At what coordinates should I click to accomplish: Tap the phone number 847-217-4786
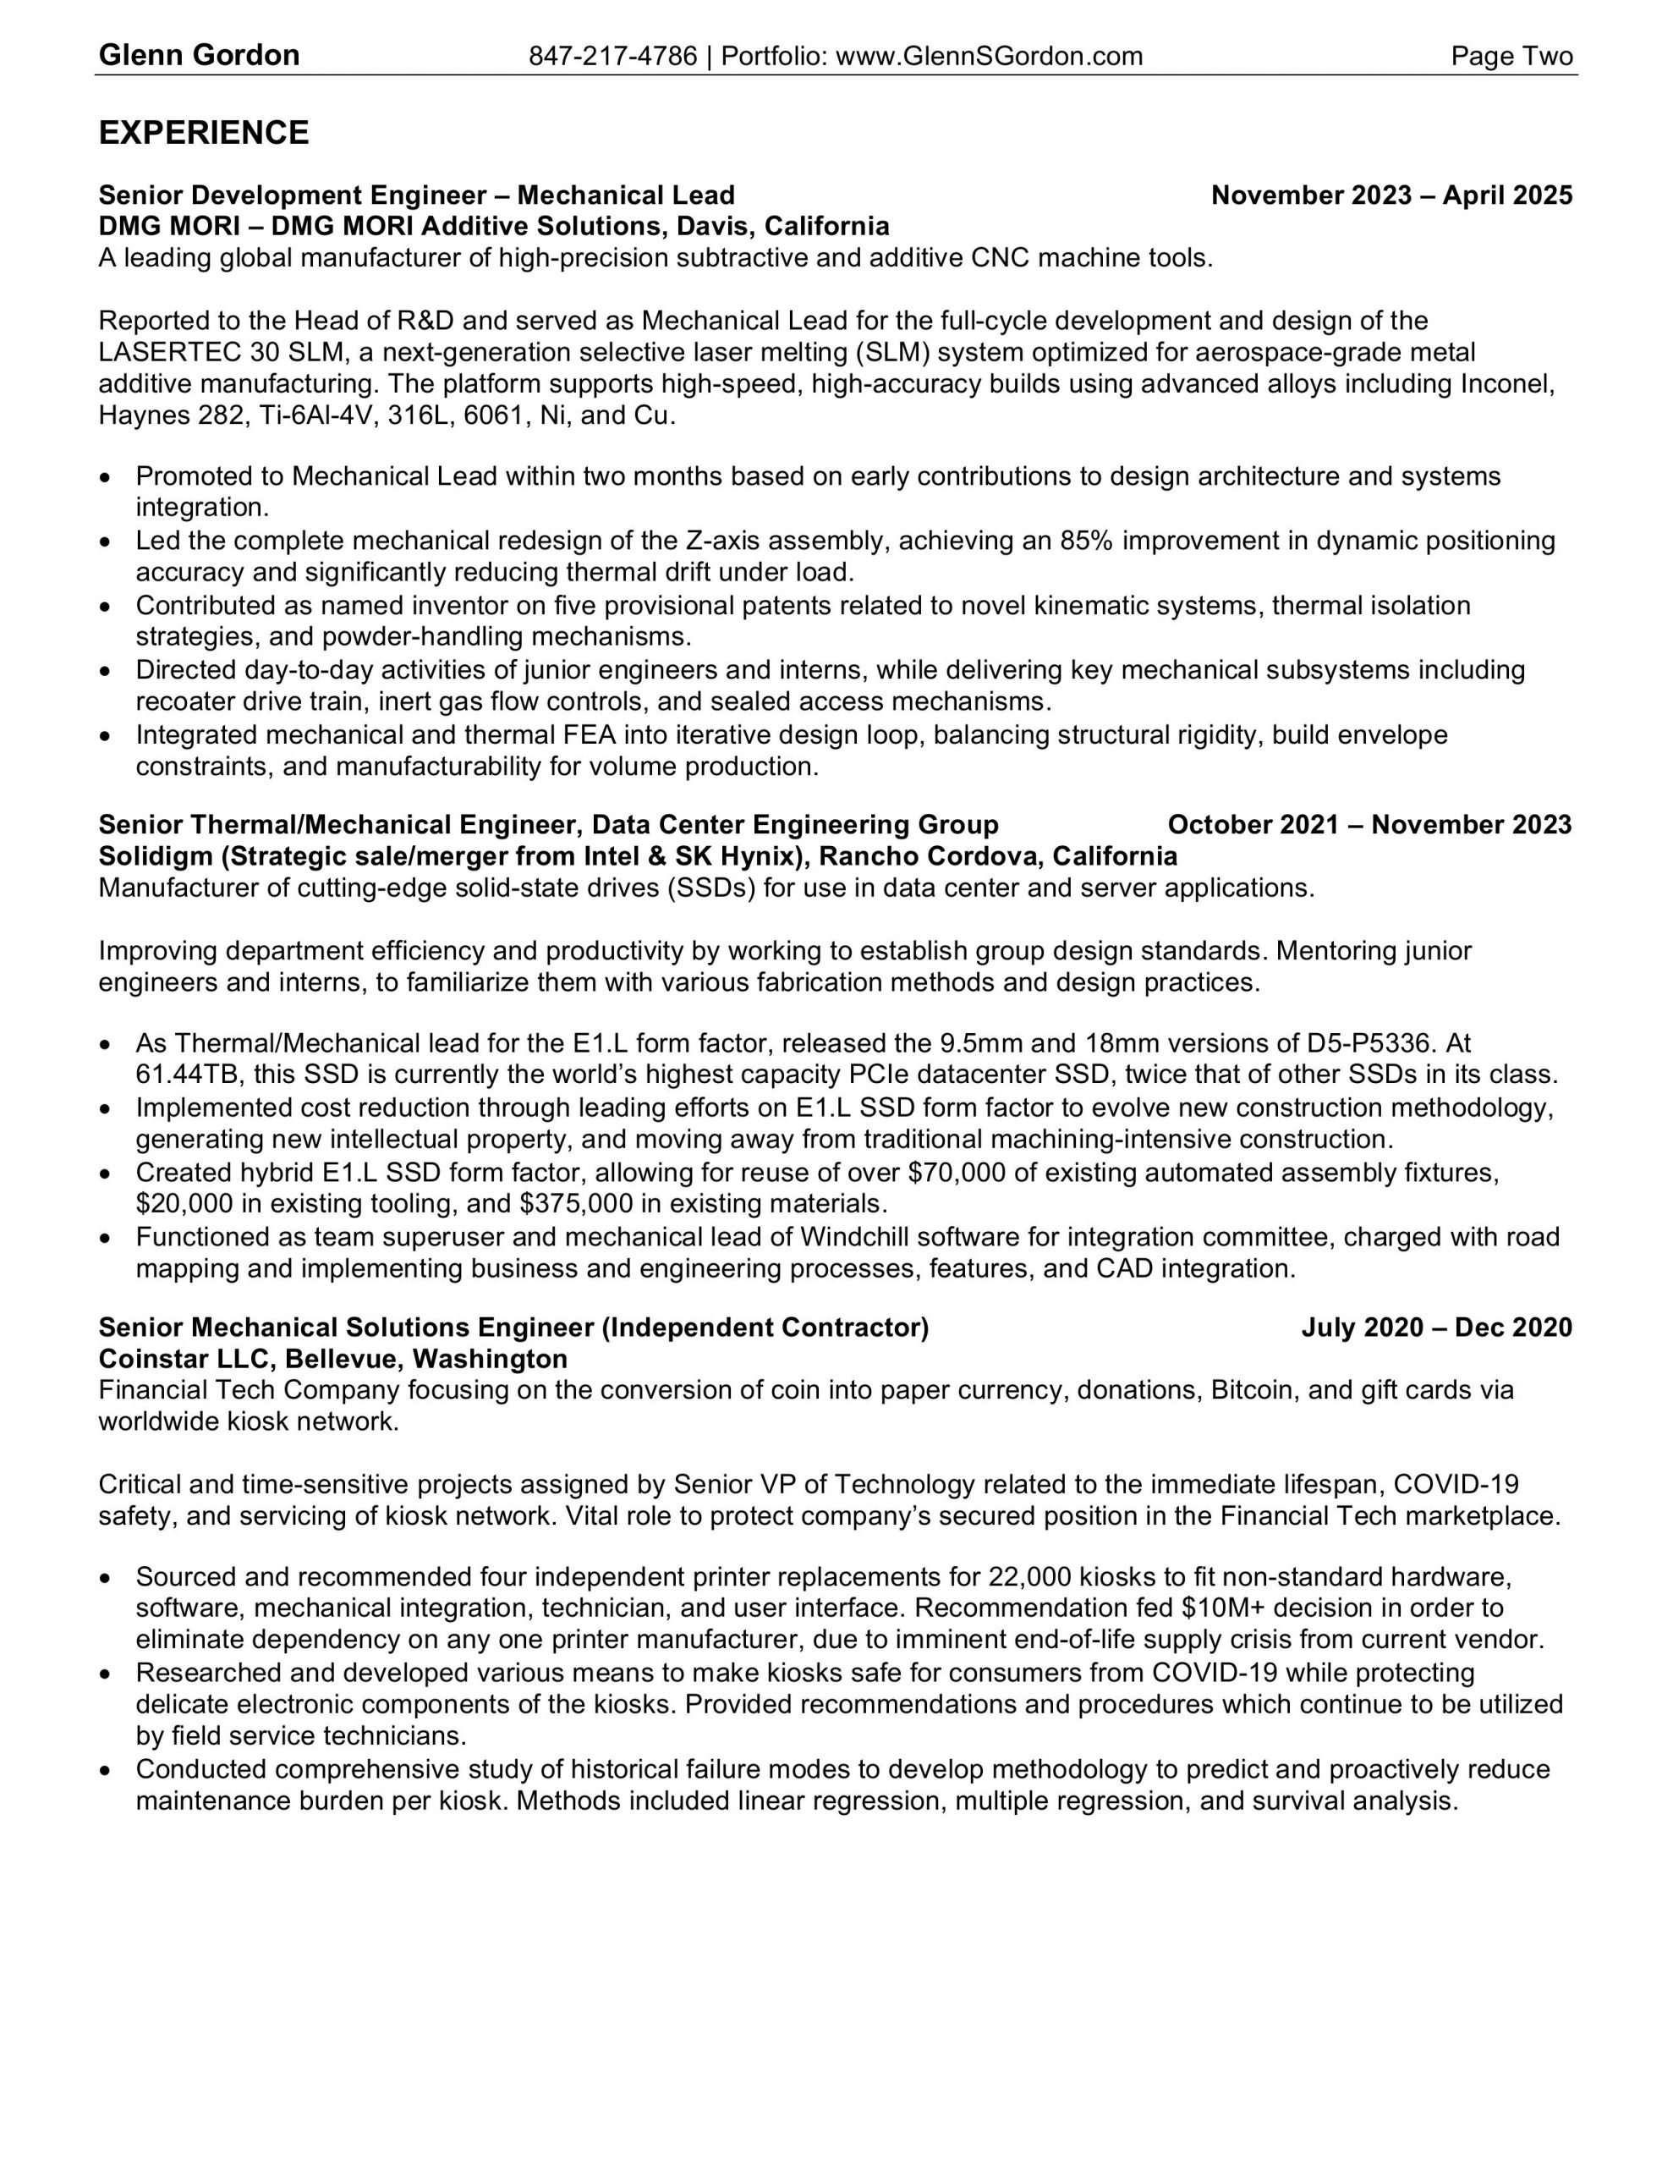tap(613, 57)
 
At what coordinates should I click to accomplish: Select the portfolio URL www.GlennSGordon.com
tap(989, 57)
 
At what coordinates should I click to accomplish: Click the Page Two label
tap(1511, 57)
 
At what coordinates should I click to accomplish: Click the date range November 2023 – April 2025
tap(1391, 195)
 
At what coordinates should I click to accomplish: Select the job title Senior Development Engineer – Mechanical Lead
tap(416, 195)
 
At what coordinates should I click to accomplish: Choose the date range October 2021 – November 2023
tap(1369, 825)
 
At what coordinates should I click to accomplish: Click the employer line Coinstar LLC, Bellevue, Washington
tap(333, 1359)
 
